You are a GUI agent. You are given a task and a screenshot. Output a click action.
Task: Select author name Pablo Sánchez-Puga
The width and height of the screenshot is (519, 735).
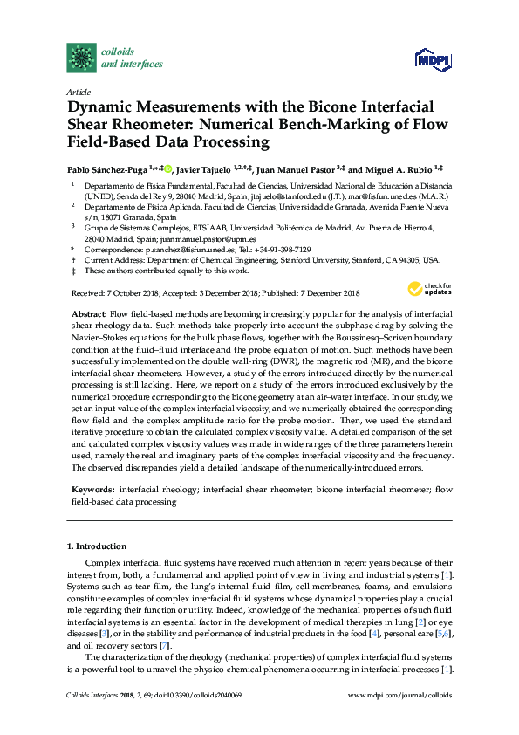pyautogui.click(x=104, y=168)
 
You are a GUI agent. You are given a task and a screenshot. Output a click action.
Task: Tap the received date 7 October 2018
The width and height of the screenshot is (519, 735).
pyautogui.click(x=131, y=293)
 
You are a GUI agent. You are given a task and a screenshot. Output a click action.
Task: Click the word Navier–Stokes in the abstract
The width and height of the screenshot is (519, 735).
pyautogui.click(x=100, y=347)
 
